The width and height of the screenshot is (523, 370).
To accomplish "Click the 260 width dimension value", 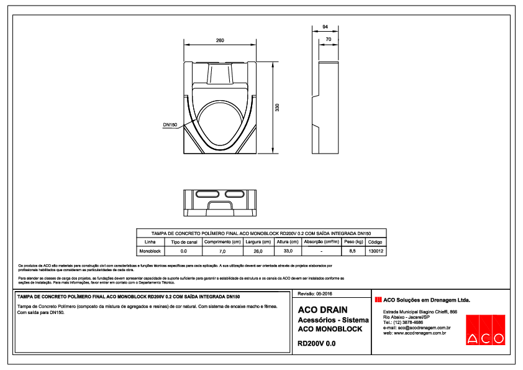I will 220,40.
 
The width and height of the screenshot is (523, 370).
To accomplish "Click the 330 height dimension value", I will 278,107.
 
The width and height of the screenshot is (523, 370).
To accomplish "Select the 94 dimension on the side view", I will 325,27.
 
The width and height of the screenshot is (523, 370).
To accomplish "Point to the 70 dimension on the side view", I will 329,39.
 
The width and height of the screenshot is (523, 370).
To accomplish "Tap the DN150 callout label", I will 170,125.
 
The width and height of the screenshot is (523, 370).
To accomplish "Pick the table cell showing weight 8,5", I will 352,251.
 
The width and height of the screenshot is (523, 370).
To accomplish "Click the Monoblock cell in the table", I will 150,251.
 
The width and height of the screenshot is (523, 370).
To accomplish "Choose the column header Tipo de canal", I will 183,241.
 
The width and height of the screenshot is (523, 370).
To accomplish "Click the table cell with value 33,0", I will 288,251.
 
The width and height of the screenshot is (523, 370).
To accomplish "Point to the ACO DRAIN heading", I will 322,310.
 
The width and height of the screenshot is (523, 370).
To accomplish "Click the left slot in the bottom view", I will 205,195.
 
